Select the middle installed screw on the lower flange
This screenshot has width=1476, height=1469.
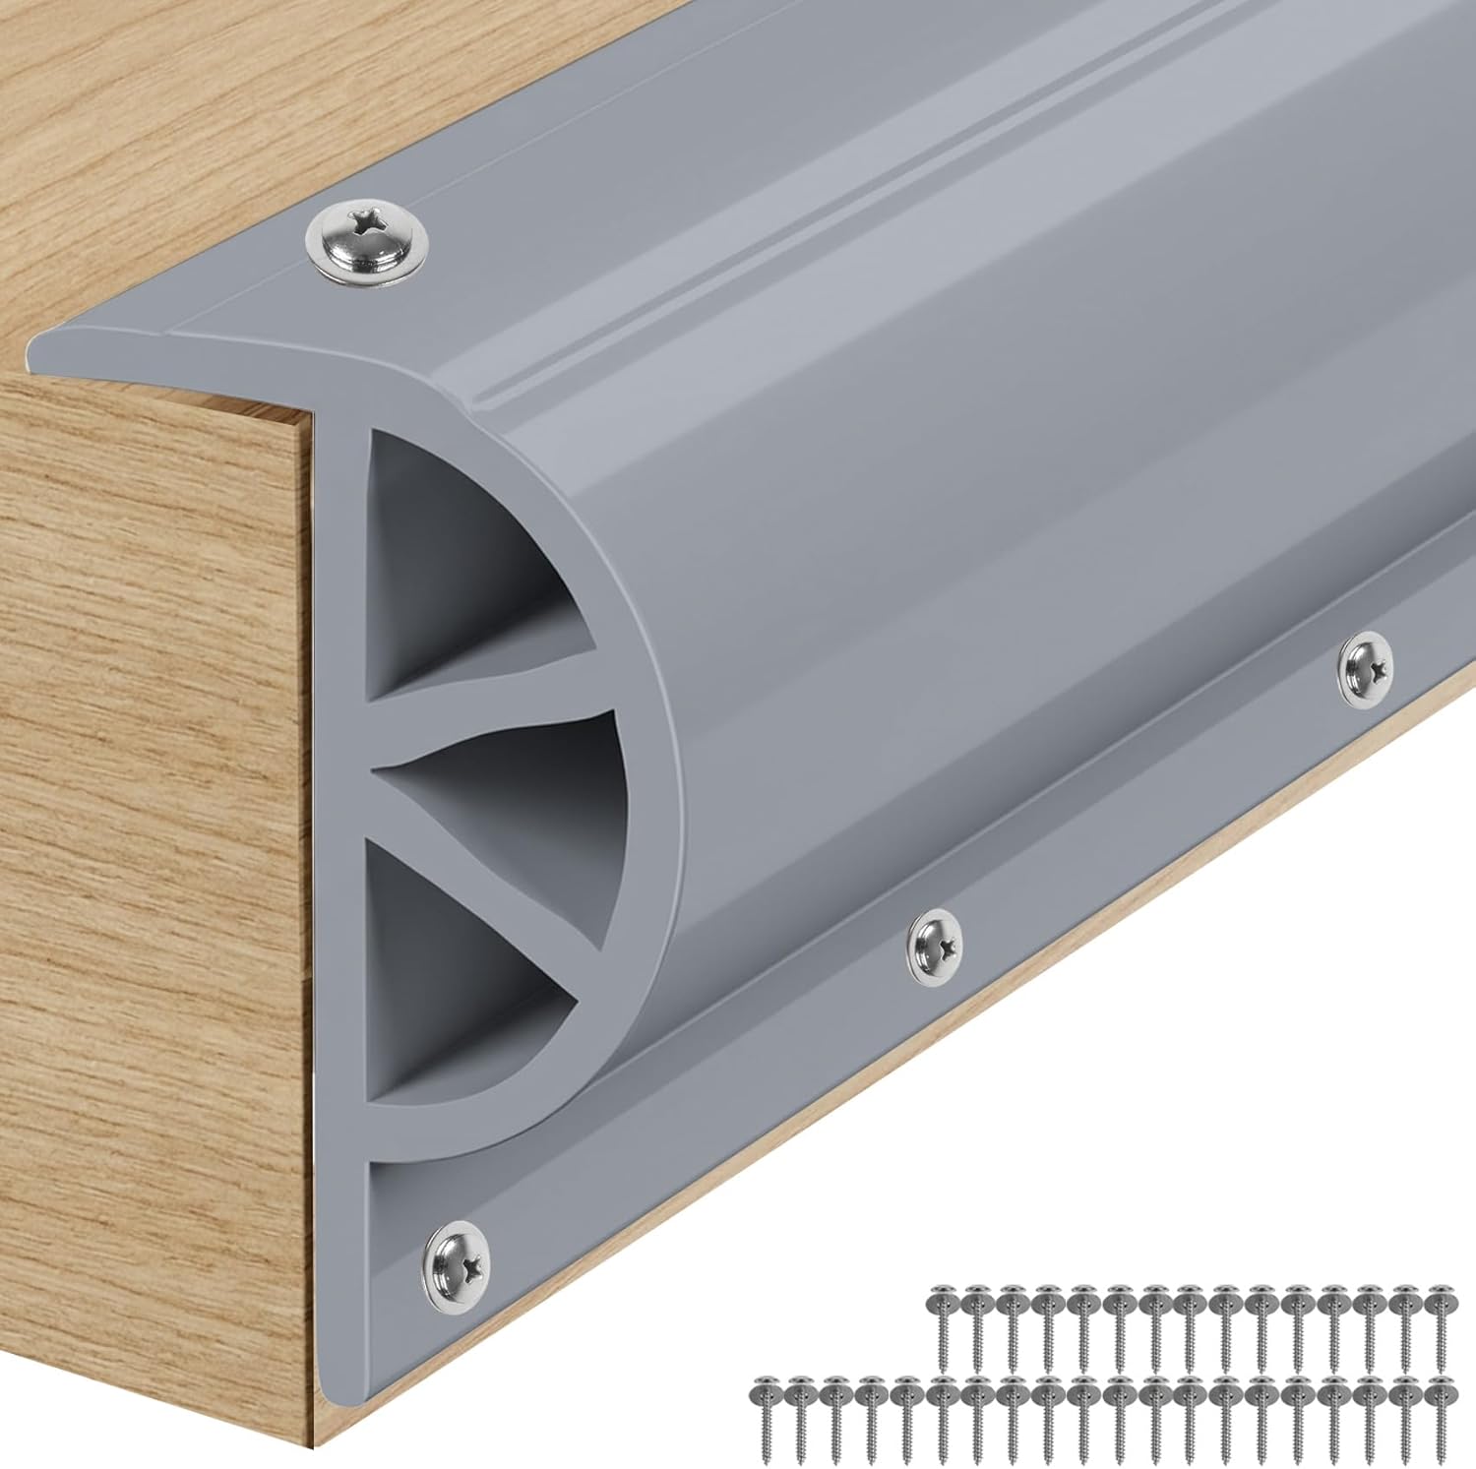coord(936,946)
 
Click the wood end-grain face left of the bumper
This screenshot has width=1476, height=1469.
coord(148,787)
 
